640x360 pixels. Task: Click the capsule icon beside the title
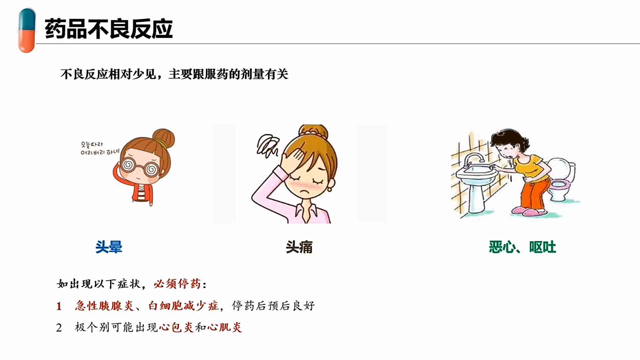click(x=27, y=30)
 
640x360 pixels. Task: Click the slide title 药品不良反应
click(x=109, y=29)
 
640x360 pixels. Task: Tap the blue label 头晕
click(x=109, y=247)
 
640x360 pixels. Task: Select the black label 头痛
click(x=299, y=247)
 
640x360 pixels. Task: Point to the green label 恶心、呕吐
click(x=522, y=247)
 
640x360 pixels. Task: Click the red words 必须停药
click(x=177, y=284)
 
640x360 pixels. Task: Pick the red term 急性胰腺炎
click(x=104, y=305)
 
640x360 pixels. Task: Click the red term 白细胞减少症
click(x=184, y=305)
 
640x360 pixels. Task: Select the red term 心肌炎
click(x=225, y=327)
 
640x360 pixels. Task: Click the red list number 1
click(x=59, y=306)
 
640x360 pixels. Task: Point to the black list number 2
click(x=59, y=328)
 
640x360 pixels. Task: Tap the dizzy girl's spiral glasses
click(x=139, y=167)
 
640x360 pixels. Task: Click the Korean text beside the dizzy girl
click(x=100, y=148)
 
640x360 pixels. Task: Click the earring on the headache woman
click(x=330, y=189)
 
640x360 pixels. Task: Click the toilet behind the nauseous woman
click(x=562, y=180)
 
